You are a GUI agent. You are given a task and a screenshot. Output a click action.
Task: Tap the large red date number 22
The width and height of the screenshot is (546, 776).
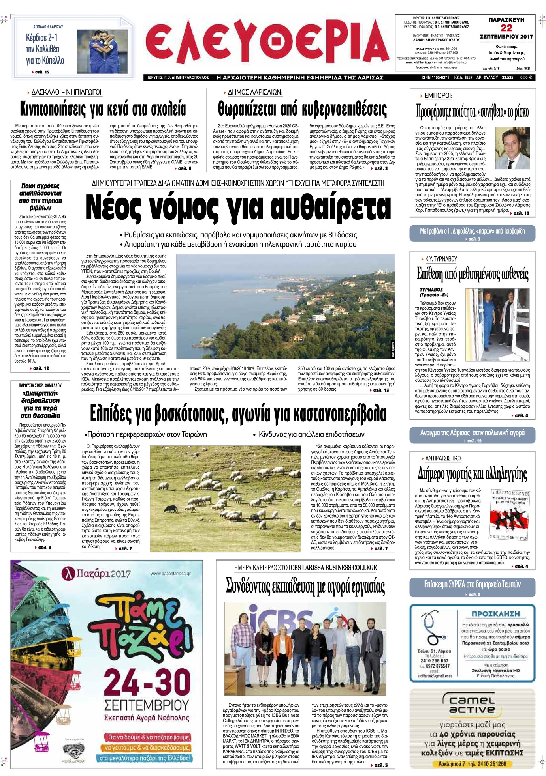tap(506, 28)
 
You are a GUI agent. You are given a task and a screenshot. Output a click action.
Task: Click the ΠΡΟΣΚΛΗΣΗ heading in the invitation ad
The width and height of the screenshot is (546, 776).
tap(495, 614)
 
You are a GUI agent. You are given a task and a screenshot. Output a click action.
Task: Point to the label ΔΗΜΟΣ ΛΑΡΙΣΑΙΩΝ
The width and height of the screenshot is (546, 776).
tap(255, 92)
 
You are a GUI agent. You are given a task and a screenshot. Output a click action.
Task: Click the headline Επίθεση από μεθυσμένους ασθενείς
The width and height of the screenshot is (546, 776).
tap(473, 274)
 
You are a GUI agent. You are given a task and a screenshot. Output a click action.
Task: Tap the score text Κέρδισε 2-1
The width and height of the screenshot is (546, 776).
tap(42, 38)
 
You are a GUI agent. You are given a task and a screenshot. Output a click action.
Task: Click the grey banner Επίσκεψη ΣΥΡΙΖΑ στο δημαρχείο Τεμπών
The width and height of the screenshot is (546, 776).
tap(473, 584)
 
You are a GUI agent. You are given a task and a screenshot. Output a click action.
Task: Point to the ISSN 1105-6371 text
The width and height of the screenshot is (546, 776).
tap(435, 78)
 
